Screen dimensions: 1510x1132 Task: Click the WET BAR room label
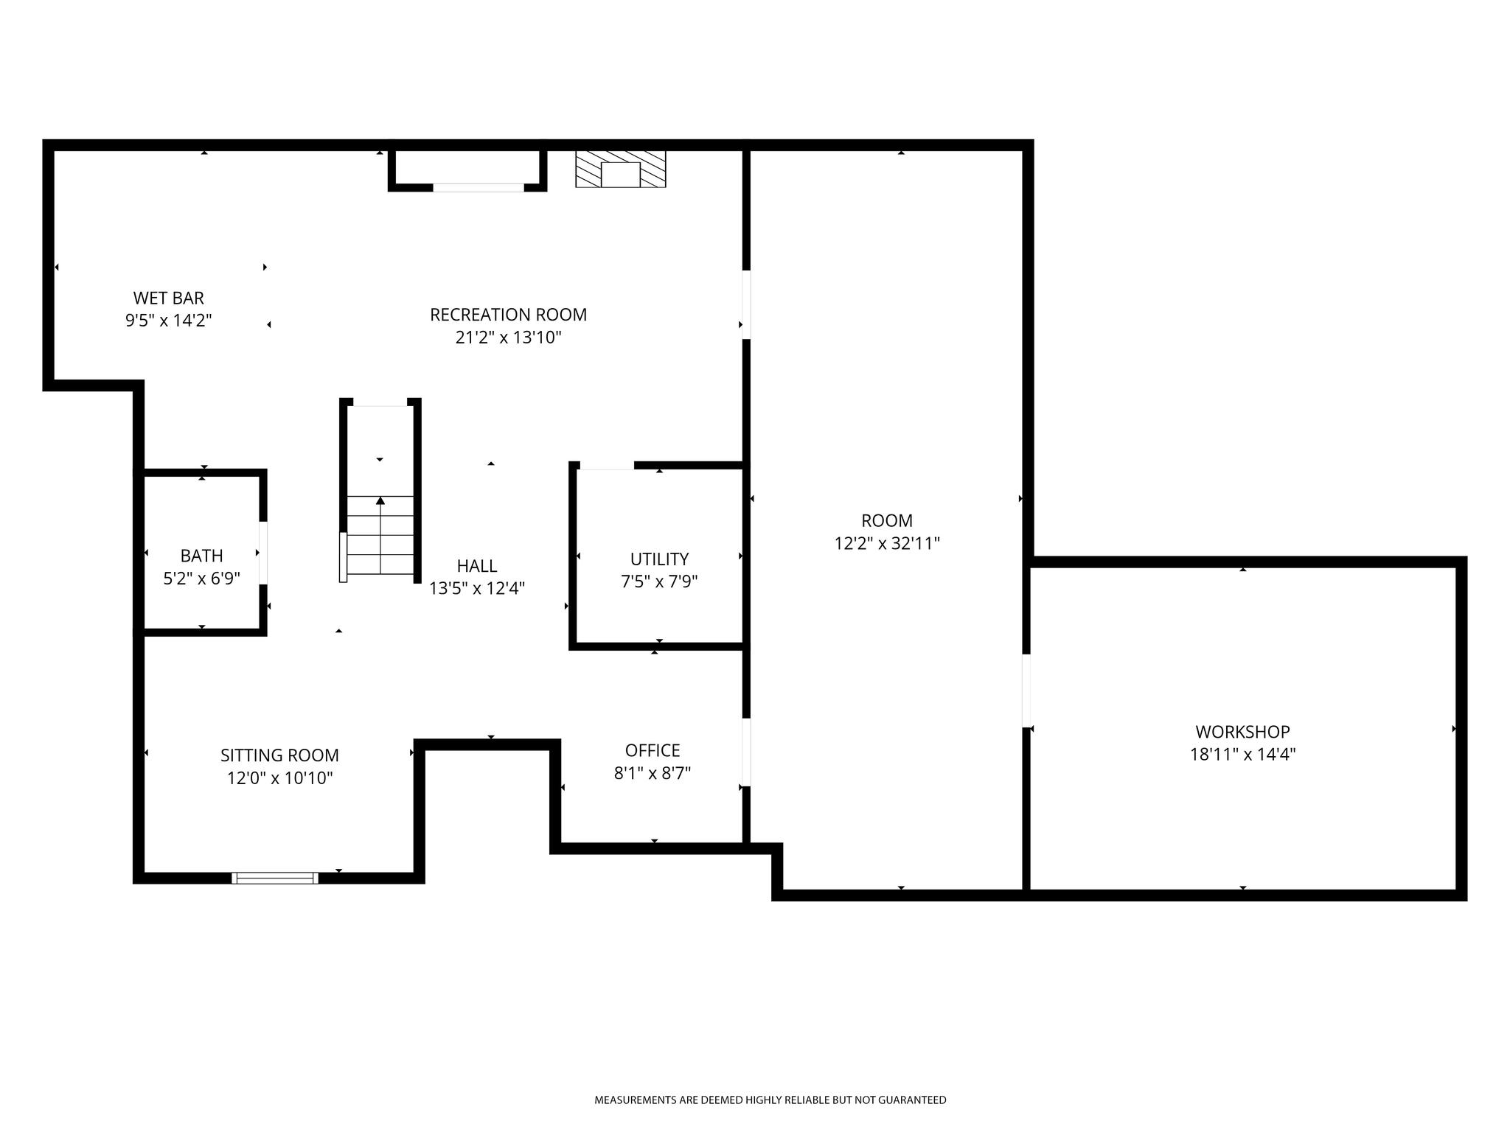168,298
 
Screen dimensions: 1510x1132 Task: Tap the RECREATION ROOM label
508,315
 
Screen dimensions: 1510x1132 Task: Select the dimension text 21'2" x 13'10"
508,338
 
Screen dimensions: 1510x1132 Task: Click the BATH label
201,556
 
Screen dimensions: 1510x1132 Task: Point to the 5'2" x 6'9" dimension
201,579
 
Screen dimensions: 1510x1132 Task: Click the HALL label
477,566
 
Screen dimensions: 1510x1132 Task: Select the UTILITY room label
659,559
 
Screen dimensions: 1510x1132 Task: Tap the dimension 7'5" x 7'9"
659,581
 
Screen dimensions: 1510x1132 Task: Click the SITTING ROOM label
279,755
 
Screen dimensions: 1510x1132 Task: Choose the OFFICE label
653,750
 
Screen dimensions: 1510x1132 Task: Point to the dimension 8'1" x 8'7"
653,773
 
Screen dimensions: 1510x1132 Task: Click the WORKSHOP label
1242,732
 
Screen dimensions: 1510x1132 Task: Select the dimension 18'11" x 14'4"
1242,755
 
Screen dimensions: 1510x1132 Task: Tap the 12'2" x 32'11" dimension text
887,543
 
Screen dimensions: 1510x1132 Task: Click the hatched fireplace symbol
621,169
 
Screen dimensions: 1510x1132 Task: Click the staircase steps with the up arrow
380,535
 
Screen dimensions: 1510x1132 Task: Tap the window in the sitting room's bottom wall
275,878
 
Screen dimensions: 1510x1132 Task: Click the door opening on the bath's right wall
263,553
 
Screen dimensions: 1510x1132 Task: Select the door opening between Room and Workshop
1026,691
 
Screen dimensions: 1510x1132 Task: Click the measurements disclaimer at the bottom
770,1100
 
